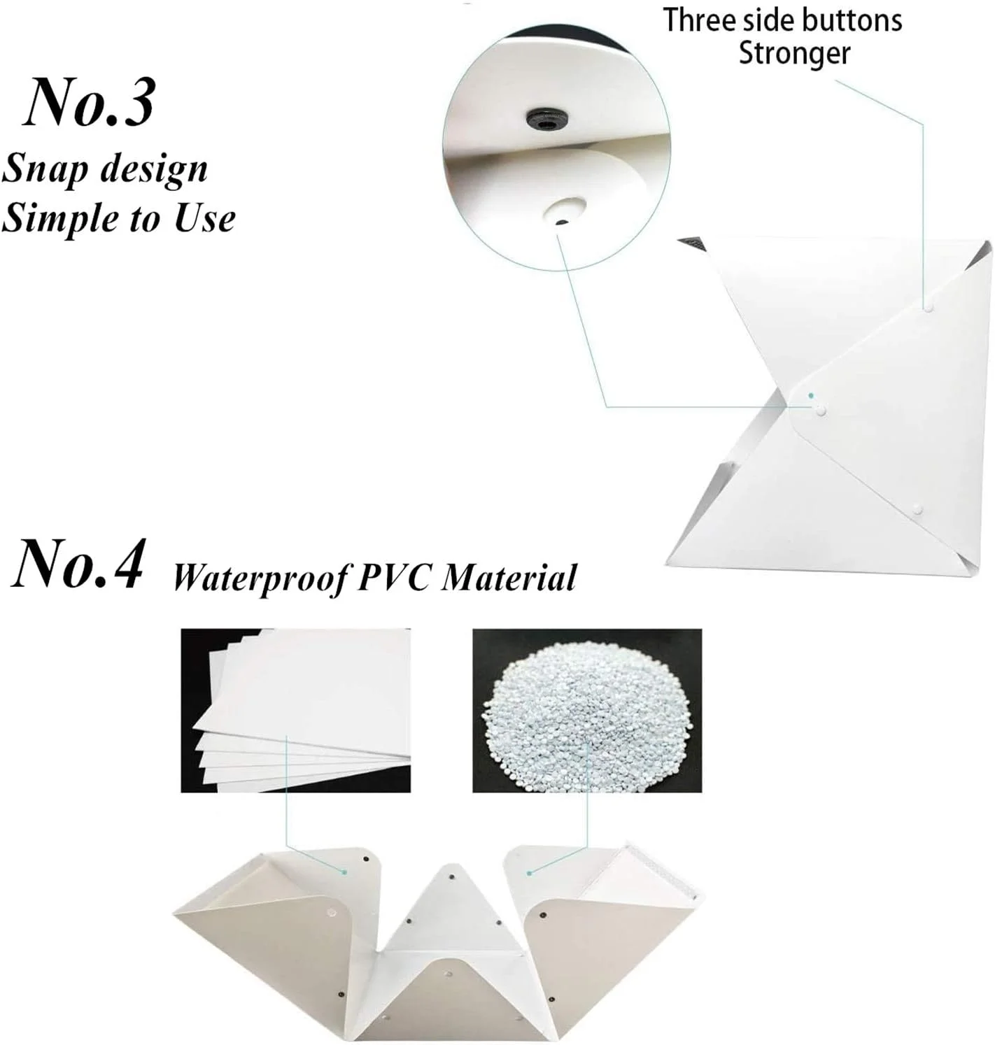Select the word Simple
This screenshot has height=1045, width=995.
coord(61,218)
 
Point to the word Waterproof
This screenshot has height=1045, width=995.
coord(260,578)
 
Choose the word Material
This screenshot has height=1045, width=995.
coord(509,576)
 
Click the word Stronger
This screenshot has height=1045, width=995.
coord(794,55)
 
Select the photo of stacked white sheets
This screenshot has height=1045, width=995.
coord(295,710)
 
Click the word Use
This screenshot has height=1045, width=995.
coord(204,218)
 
